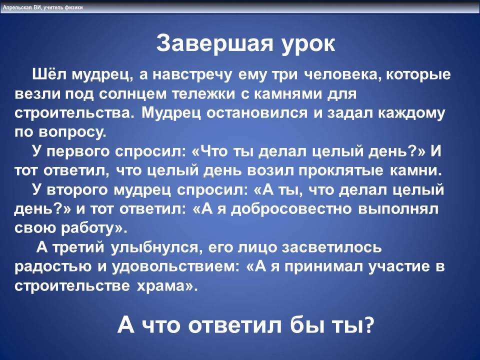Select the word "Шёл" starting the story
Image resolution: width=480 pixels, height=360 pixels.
click(48, 74)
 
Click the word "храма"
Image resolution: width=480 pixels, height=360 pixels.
click(165, 286)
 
